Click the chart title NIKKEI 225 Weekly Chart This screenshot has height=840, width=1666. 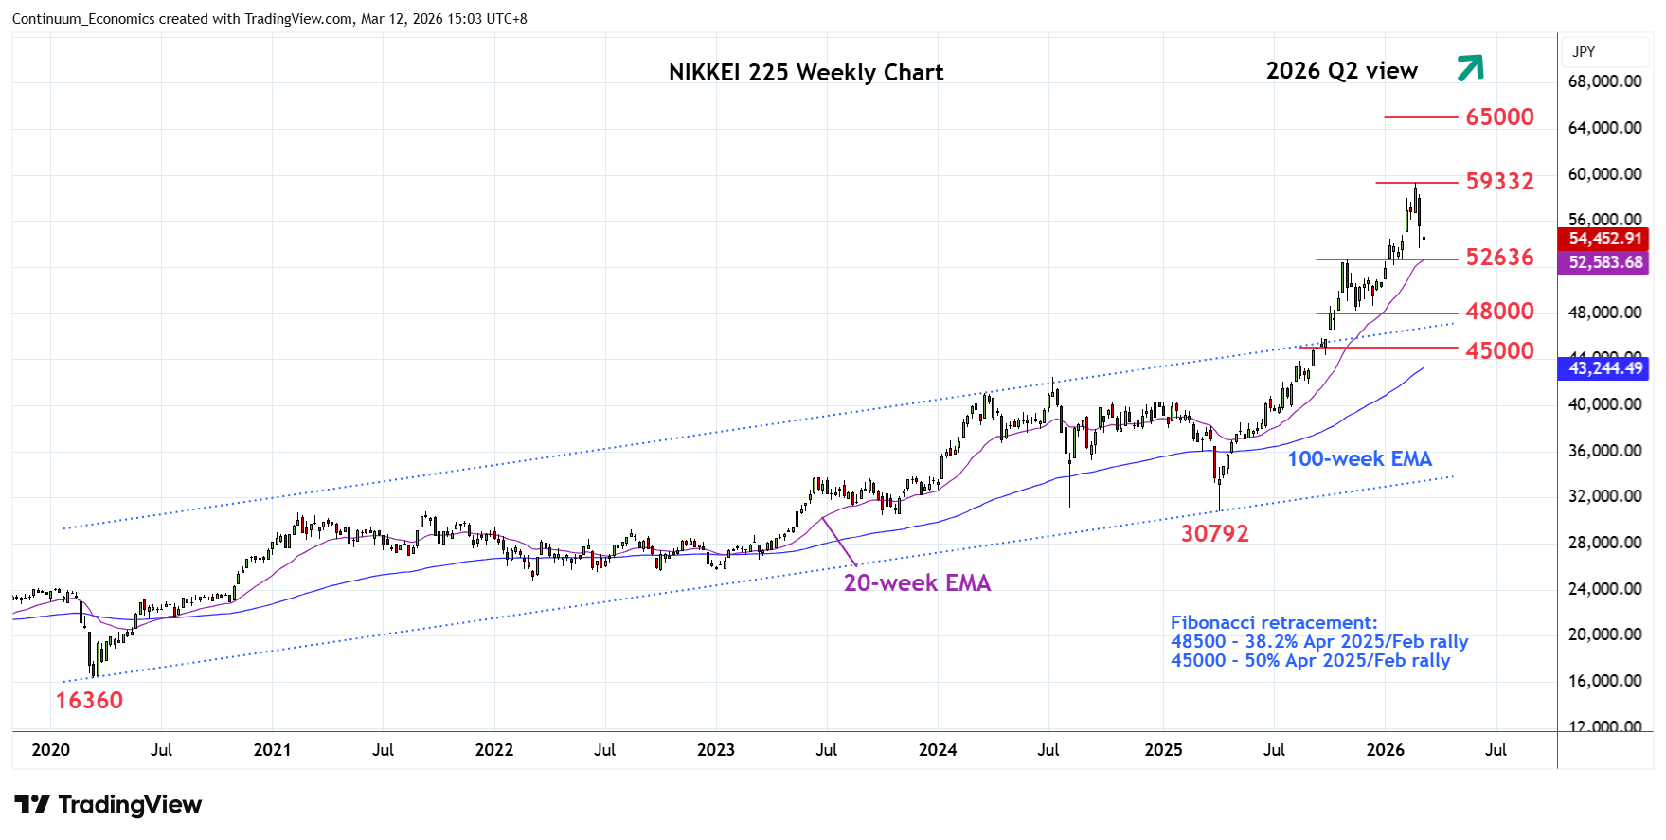click(805, 73)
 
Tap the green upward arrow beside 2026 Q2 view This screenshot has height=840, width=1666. click(1469, 67)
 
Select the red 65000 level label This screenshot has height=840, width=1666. click(1499, 116)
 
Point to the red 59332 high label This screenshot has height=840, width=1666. click(1499, 181)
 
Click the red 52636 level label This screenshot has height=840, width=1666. click(1499, 258)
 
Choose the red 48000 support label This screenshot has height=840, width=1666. click(1499, 312)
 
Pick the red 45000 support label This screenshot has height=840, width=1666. click(1499, 351)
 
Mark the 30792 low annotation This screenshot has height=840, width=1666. click(1214, 534)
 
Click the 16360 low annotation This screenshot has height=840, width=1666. click(89, 701)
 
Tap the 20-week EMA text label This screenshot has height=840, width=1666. click(917, 583)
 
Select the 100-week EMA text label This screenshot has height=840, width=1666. click(1359, 459)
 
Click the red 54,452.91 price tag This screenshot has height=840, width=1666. click(1604, 240)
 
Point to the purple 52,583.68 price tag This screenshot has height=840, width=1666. click(1604, 262)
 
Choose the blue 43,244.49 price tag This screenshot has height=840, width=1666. click(1604, 368)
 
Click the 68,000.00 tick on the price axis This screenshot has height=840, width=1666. click(1604, 81)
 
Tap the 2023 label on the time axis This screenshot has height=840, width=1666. click(715, 750)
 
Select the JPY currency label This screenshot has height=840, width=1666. click(1584, 52)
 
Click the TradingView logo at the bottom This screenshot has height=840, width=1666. click(108, 805)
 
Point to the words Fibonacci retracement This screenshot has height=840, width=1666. click(1273, 623)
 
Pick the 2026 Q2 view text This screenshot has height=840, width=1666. click(1341, 71)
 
